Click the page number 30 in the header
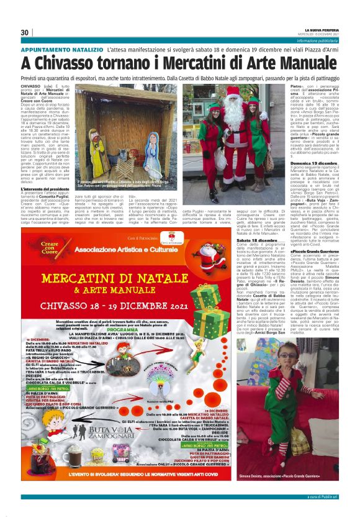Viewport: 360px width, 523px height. point(25,32)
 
